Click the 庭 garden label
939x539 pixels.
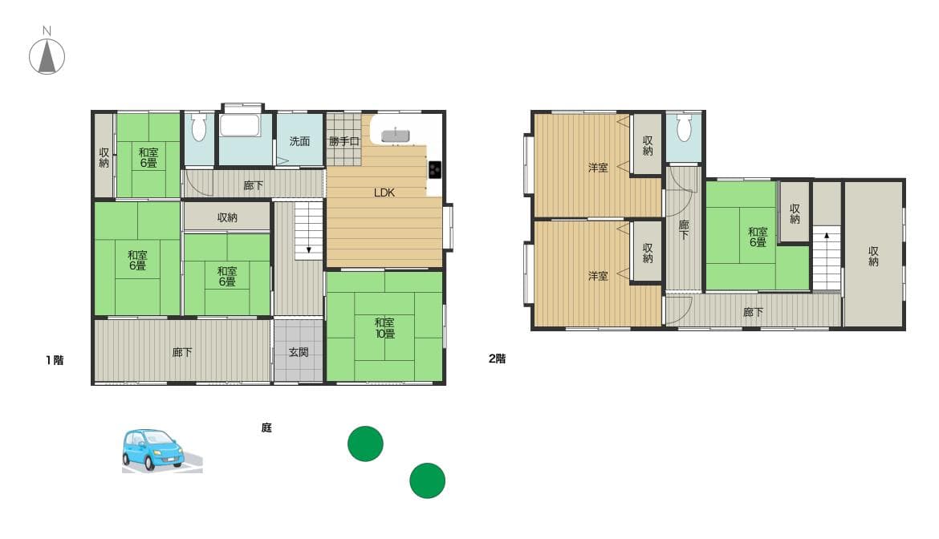point(266,428)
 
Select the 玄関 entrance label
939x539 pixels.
point(299,352)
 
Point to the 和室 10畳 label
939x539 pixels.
point(384,328)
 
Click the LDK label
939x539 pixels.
point(384,192)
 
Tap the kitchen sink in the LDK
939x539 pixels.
point(396,136)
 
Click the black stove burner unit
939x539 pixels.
point(435,169)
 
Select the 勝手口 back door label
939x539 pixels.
point(343,141)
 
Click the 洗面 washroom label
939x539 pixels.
point(299,141)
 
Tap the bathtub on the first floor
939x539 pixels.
point(239,128)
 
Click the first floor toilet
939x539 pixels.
point(199,128)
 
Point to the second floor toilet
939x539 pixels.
point(684,128)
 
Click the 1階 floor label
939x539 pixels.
point(54,360)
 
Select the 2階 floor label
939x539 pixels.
point(497,359)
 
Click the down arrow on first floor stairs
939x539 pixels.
point(308,250)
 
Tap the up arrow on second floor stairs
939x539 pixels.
point(826,237)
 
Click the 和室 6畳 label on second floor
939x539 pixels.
point(758,237)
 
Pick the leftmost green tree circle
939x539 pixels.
point(365,444)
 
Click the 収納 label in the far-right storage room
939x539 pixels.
point(873,256)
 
